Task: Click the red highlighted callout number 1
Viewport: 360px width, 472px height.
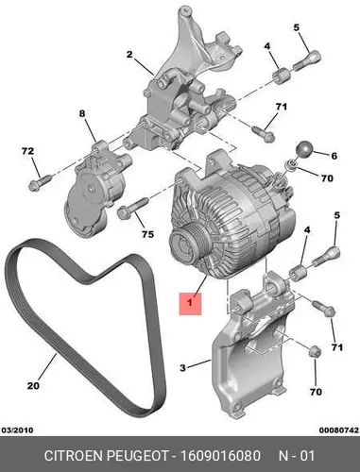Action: coord(190,303)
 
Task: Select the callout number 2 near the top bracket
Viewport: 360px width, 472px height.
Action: coord(129,55)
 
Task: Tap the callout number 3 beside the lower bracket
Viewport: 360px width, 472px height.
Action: coord(182,367)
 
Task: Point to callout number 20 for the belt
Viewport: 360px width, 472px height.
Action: coord(33,385)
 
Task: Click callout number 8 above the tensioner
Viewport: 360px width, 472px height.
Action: coord(82,113)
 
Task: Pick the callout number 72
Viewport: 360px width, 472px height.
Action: coord(27,151)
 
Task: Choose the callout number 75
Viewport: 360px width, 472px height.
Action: coord(147,234)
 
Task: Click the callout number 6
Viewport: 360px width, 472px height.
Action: coord(334,156)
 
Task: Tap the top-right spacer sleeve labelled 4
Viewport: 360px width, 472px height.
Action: coord(281,76)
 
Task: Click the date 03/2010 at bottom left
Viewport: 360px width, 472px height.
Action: coord(17,430)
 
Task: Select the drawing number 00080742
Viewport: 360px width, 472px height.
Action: coord(339,430)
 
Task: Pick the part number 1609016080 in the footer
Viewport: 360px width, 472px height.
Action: coord(220,456)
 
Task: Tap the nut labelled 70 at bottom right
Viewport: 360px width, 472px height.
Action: coord(314,351)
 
